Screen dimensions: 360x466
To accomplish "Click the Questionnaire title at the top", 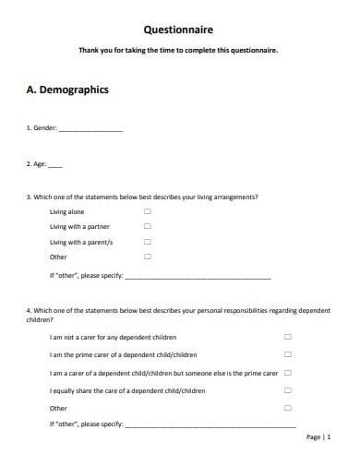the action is coord(179,30).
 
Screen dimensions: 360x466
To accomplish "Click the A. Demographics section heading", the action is coord(67,90).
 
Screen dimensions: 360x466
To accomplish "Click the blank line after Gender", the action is coord(90,130).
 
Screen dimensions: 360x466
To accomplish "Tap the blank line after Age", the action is coord(55,167).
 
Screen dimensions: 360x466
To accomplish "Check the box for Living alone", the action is coord(148,211).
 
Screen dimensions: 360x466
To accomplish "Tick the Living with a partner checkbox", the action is coord(148,226).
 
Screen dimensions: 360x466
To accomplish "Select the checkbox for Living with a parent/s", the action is coord(148,242).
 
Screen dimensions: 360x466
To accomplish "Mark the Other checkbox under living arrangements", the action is coord(148,257).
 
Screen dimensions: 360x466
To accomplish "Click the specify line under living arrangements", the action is coord(198,277).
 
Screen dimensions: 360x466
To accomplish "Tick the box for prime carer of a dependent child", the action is coord(287,354).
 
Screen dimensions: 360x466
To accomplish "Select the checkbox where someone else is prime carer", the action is coord(287,373).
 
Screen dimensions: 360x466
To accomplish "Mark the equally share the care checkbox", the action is coord(287,390).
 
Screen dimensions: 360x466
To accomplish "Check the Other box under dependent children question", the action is coord(287,407).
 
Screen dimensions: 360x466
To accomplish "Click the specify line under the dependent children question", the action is coord(210,425).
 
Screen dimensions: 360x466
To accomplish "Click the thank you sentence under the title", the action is coord(179,51).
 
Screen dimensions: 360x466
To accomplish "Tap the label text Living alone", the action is coord(66,211).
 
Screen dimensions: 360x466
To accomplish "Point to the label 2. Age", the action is coord(36,166).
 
